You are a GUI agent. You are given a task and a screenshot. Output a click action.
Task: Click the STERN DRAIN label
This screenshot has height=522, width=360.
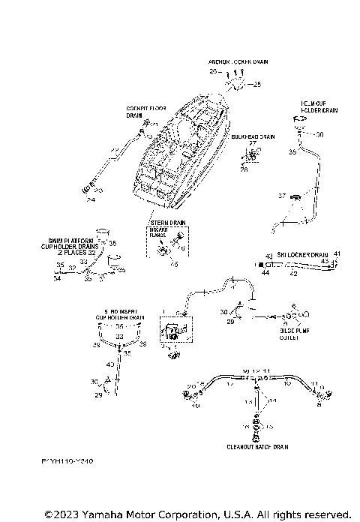tap(166, 223)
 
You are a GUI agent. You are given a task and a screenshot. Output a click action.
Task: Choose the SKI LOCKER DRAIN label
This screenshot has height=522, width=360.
tap(304, 255)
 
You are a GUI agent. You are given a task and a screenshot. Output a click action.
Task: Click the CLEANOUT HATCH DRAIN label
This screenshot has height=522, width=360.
tap(257, 446)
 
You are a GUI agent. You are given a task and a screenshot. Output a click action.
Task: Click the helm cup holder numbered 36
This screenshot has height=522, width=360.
tap(300, 123)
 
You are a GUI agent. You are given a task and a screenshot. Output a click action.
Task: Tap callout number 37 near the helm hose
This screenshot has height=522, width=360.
tap(283, 196)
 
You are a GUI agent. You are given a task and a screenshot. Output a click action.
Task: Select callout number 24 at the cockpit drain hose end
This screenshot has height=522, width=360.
tap(91, 200)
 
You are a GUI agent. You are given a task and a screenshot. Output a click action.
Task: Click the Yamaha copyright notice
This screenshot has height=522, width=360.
tap(198, 514)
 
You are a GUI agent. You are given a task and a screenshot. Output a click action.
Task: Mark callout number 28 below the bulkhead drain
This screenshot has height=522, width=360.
tap(244, 169)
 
